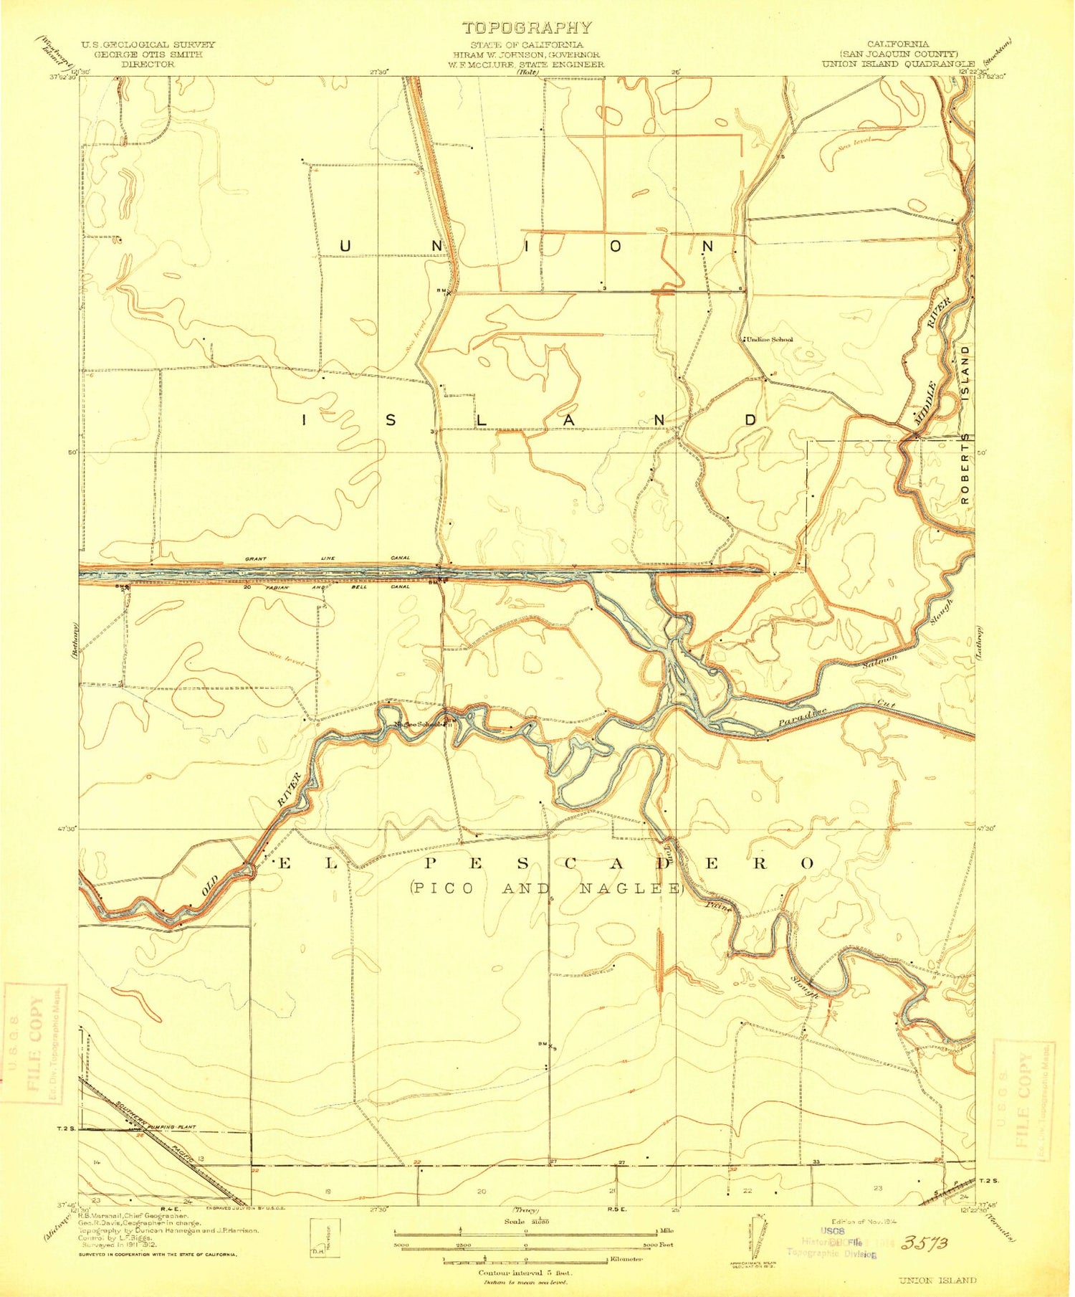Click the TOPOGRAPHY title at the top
pos(527,28)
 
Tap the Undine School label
pos(770,339)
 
